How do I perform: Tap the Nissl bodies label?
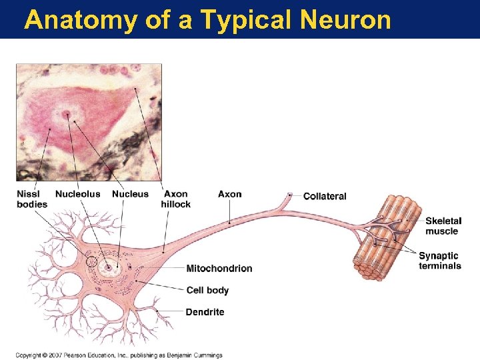(x=32, y=199)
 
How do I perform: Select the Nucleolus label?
(x=77, y=194)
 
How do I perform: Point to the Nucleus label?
(x=130, y=194)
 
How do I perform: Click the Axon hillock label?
(x=175, y=199)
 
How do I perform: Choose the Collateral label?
(x=325, y=196)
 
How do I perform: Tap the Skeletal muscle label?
(x=443, y=226)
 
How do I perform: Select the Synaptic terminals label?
(x=440, y=261)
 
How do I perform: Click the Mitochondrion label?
(x=219, y=269)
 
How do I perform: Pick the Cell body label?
(x=207, y=290)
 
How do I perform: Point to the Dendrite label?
(x=205, y=312)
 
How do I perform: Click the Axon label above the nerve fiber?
(x=229, y=194)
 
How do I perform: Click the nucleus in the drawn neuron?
(x=108, y=269)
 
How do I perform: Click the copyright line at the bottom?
(x=119, y=355)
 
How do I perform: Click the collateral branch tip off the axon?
(x=290, y=195)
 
